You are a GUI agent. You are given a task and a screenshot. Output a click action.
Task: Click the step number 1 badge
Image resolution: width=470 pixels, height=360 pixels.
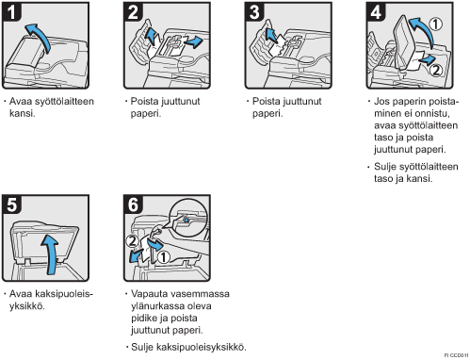pos(11,12)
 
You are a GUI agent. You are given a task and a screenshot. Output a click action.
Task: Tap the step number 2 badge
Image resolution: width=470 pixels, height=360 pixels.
pos(133,12)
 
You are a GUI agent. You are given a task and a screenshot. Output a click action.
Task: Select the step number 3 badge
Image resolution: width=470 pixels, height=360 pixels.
pos(254,12)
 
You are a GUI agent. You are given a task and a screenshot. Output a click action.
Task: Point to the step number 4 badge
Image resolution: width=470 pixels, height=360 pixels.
pos(376,12)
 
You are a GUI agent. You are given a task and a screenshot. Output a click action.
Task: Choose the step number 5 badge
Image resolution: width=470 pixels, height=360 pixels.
pos(11,205)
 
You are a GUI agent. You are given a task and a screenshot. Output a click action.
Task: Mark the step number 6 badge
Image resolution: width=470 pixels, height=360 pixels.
pos(133,205)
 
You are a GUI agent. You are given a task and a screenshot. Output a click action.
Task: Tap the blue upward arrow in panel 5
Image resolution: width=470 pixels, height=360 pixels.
pos(51,254)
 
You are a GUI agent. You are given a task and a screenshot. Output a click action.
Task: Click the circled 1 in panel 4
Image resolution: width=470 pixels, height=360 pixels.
pos(436,25)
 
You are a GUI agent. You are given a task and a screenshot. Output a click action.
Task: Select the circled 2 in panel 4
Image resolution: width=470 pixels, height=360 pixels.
pos(436,71)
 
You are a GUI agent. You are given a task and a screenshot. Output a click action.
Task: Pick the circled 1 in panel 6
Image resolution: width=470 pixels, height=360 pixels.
pos(163,257)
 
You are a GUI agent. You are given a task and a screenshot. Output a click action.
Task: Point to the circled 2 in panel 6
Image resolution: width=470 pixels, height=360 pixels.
pos(132,241)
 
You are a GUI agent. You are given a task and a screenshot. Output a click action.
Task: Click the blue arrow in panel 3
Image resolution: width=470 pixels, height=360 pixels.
pos(271,35)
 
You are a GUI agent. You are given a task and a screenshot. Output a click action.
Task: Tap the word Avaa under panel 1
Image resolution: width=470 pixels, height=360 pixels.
pos(21,102)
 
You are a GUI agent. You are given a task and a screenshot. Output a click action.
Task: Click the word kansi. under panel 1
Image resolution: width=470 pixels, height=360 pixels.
pos(23,113)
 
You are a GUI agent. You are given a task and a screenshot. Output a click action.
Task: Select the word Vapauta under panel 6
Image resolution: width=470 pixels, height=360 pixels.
pos(149,294)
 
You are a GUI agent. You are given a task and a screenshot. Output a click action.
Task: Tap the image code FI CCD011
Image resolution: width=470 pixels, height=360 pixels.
pos(456,355)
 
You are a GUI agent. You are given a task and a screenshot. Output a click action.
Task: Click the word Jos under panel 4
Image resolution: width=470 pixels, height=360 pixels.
pos(381,102)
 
